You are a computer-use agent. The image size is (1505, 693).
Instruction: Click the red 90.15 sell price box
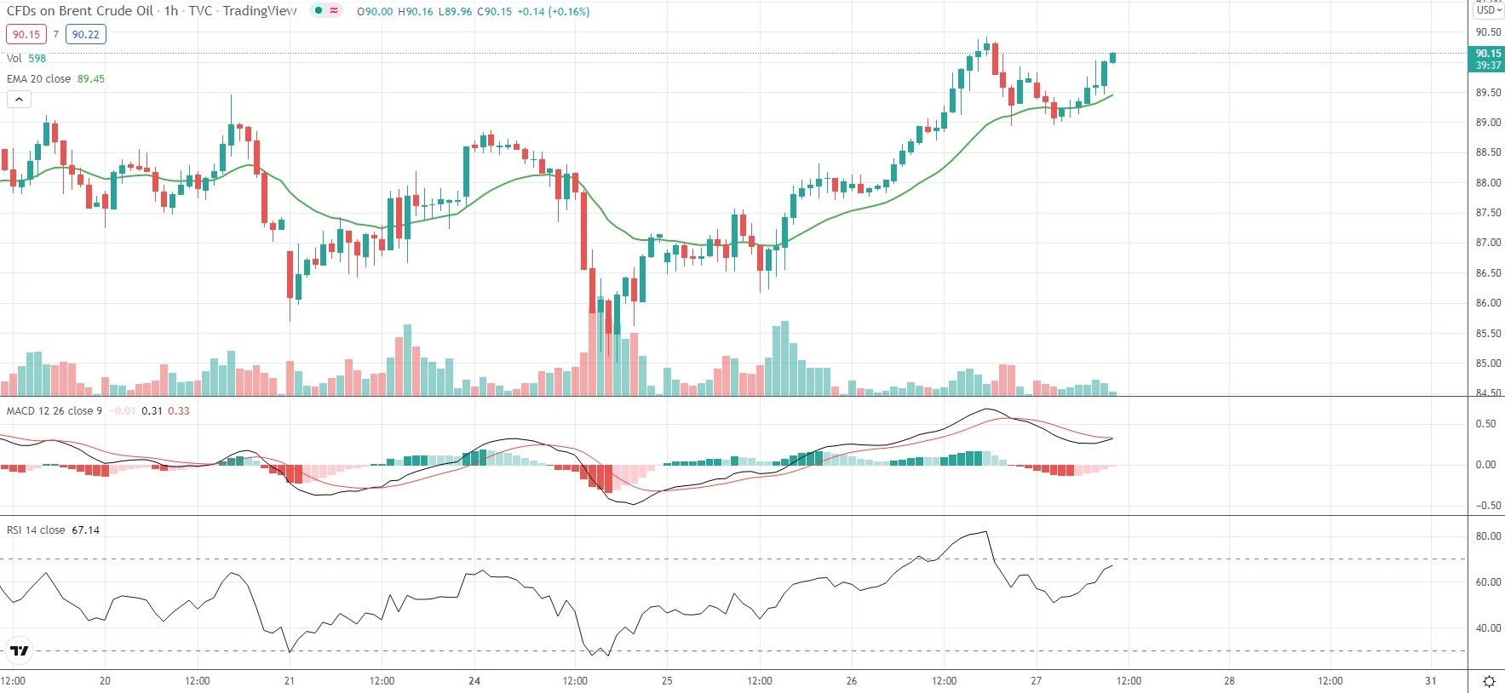pos(26,35)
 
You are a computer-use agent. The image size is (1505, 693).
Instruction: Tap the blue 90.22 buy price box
pos(85,35)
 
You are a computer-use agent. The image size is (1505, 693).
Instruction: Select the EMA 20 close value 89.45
pos(91,79)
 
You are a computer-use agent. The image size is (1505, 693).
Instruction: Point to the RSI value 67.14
pos(85,530)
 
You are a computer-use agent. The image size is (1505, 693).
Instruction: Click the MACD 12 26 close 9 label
pos(55,411)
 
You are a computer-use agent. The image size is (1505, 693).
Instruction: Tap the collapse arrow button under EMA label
pos(19,100)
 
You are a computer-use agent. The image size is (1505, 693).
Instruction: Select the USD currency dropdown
pos(1488,10)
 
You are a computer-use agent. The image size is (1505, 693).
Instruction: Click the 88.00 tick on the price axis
pos(1488,183)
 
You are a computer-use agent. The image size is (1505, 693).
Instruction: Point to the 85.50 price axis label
pos(1488,334)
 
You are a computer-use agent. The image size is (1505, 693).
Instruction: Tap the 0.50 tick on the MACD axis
pos(1485,424)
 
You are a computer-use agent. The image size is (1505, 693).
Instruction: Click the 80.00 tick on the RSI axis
pos(1488,536)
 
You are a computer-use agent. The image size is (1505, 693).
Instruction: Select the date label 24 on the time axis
pos(474,681)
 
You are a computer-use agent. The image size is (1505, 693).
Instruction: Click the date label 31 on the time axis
pos(1431,681)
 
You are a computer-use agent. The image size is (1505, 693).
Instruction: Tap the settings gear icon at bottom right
pos(1489,681)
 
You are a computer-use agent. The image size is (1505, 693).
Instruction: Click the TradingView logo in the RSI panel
pos(19,651)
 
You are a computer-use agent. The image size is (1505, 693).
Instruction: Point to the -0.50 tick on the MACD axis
pos(1485,506)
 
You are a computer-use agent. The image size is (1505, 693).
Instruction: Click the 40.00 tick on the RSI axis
pos(1488,628)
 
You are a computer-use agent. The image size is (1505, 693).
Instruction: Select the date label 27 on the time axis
pos(1036,681)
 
